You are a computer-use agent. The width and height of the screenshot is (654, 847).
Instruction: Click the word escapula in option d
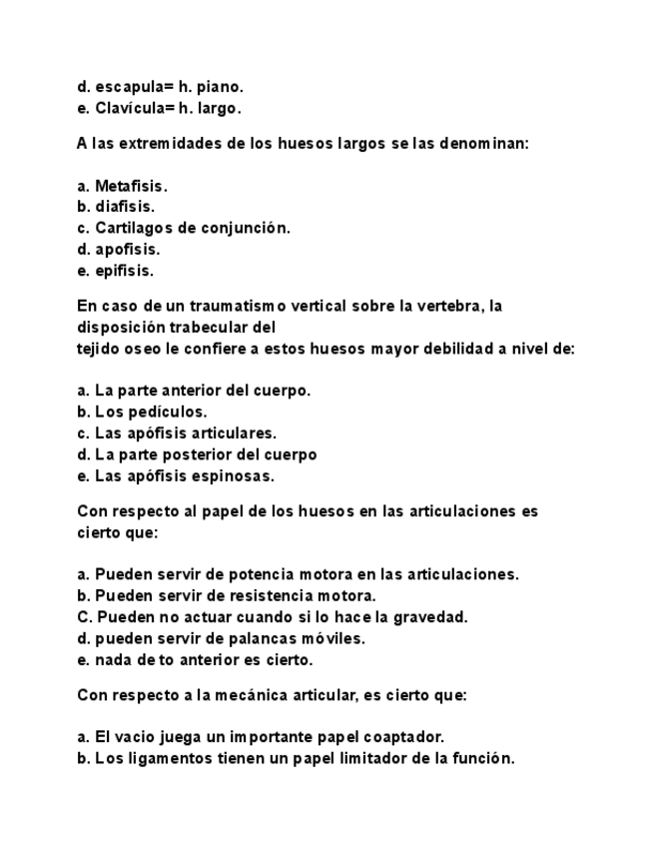pyautogui.click(x=127, y=87)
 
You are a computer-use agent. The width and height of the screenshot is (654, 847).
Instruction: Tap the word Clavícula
pyautogui.click(x=130, y=108)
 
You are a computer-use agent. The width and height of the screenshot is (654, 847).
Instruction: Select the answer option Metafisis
pyautogui.click(x=131, y=186)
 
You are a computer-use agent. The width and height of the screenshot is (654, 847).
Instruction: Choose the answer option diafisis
pyautogui.click(x=125, y=207)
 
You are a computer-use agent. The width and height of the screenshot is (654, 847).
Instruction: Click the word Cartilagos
pyautogui.click(x=134, y=228)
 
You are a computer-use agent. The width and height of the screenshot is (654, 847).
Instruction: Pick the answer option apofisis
pyautogui.click(x=127, y=250)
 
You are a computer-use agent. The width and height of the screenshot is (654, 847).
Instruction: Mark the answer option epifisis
pyautogui.click(x=124, y=271)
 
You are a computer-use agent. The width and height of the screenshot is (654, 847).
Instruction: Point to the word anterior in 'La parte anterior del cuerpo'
pyautogui.click(x=196, y=391)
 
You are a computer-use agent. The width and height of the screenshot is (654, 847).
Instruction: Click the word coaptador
pyautogui.click(x=405, y=737)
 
